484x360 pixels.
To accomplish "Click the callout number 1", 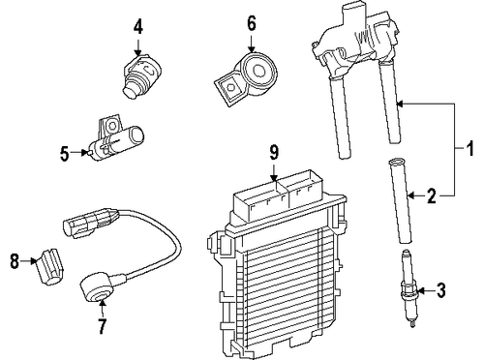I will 471,150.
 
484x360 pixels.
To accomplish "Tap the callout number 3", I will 442,288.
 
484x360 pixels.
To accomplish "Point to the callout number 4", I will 138,27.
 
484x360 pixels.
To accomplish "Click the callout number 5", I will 65,152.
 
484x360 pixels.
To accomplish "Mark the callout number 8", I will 14,260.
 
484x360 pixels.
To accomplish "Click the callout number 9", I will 273,152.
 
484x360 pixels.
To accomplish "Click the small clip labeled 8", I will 47,263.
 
